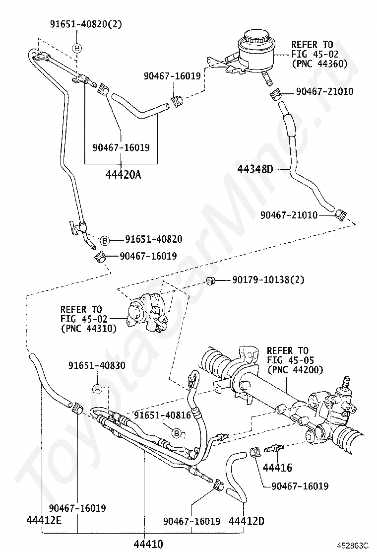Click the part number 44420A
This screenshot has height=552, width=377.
pyautogui.click(x=123, y=174)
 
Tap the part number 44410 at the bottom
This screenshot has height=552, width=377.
pyautogui.click(x=148, y=544)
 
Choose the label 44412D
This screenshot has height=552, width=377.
pyautogui.click(x=246, y=521)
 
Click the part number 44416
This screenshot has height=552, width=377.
pyautogui.click(x=277, y=467)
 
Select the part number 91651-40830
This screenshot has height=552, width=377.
pyautogui.click(x=97, y=365)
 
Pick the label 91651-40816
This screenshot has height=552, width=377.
pyautogui.click(x=162, y=415)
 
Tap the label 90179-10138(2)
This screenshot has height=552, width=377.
pyautogui.click(x=268, y=280)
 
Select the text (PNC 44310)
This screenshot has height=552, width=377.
pyautogui.click(x=88, y=328)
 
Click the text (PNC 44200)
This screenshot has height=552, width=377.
pyautogui.click(x=295, y=369)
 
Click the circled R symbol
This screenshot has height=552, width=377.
pyautogui.click(x=98, y=389)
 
